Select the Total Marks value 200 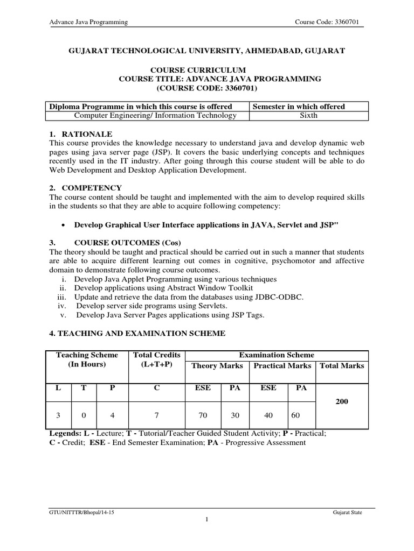tap(342, 401)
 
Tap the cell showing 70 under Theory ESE tap(204, 415)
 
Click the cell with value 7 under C tap(156, 415)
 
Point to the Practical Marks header tap(282, 365)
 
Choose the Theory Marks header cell tap(217, 365)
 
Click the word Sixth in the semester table tap(308, 115)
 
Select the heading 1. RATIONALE tap(81, 133)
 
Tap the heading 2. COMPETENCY tap(86, 188)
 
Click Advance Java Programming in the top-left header tap(88, 22)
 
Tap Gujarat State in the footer tap(348, 513)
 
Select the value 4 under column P tap(112, 415)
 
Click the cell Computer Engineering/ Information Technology tap(155, 115)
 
